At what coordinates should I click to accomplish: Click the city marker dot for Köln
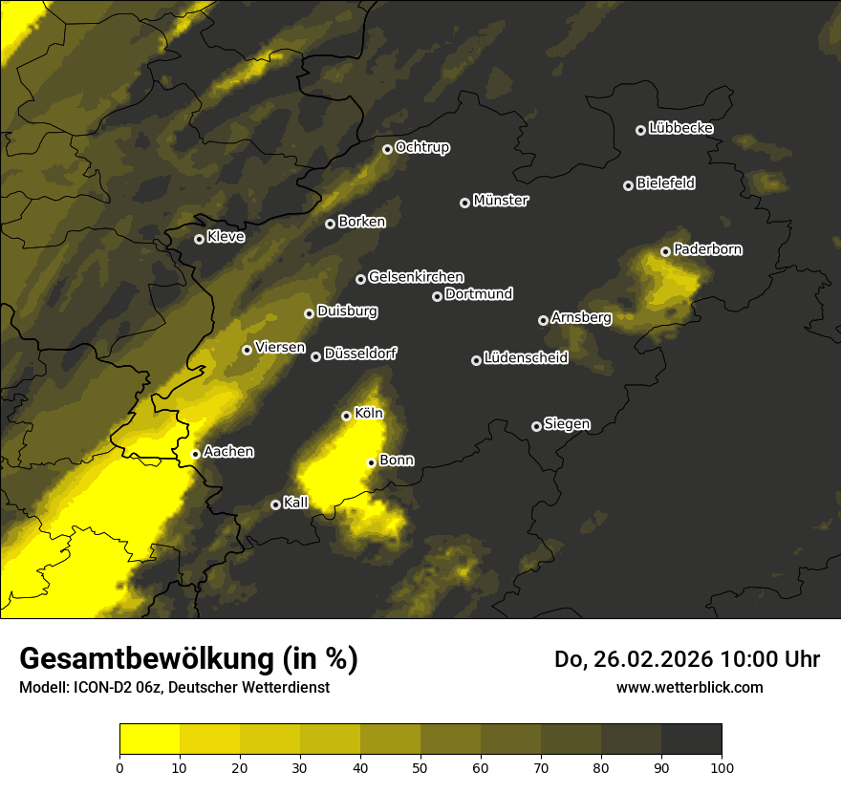coord(347,416)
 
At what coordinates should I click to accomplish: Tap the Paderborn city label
coord(707,249)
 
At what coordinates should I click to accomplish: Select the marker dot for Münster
coord(465,203)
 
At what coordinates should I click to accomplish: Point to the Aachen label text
coord(228,452)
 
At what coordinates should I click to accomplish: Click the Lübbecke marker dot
coord(641,130)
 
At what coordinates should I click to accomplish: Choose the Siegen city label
coord(567,424)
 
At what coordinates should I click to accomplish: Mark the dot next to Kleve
coord(200,239)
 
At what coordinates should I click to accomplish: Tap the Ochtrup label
coord(421,147)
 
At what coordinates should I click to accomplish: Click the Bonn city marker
coord(372,462)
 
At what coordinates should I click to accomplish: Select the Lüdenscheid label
coord(526,358)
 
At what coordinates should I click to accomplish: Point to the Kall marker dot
coord(276,504)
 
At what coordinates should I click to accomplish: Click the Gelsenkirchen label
coord(416,277)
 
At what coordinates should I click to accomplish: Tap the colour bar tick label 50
coord(420,767)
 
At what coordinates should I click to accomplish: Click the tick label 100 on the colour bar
coord(722,767)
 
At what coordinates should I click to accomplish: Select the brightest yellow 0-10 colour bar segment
coord(150,739)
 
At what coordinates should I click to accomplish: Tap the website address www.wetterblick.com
coord(690,687)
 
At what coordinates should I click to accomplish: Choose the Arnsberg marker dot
coord(544,320)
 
